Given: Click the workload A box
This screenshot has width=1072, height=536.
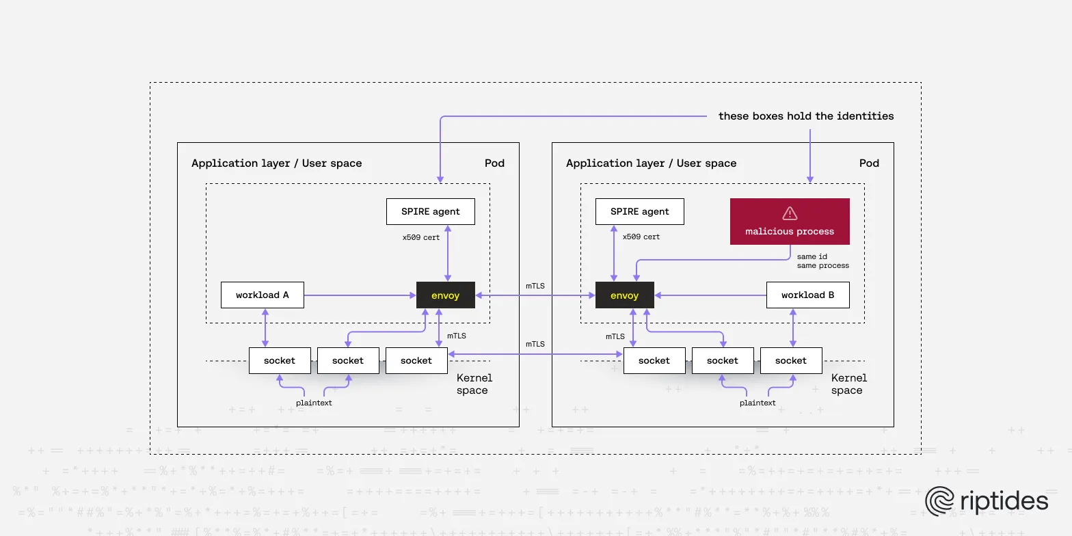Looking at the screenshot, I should (263, 295).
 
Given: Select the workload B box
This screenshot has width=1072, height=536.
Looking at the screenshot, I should (807, 295).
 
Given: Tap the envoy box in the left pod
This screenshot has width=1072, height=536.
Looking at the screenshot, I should (445, 295).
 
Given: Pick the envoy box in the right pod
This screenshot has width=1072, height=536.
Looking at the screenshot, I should (624, 295).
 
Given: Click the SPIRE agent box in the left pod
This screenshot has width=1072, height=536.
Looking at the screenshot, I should (430, 211).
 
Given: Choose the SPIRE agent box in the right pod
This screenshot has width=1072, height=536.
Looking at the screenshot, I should (639, 211).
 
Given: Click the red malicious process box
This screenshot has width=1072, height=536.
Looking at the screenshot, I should (790, 222).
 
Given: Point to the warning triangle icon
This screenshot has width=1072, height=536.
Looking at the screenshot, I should (790, 213).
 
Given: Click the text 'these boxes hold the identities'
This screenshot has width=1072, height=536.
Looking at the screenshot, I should (805, 116).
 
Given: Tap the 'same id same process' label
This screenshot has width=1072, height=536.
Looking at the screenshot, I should (822, 261).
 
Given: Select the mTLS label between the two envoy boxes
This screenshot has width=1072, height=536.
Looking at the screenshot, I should (535, 286).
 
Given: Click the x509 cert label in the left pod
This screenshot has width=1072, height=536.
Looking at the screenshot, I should (421, 237).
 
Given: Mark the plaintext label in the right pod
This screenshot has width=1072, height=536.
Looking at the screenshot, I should (758, 403).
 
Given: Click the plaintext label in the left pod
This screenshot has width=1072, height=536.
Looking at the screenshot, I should (314, 403).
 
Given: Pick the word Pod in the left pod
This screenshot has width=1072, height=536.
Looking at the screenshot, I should (494, 163).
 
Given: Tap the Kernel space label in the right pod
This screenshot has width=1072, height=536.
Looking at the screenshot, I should (848, 384).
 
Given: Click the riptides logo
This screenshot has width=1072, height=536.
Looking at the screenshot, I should (987, 501).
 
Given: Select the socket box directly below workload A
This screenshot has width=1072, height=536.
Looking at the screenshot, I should (280, 360).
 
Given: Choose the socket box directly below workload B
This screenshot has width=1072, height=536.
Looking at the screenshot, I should (791, 360).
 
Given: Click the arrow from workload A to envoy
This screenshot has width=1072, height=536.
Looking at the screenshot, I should (359, 295).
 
